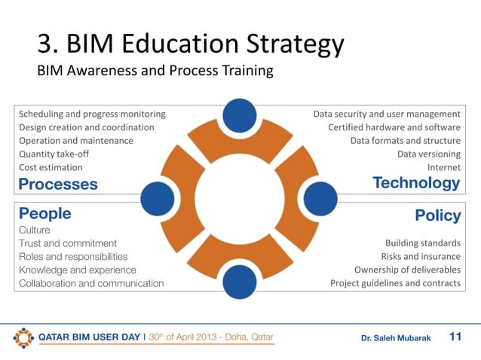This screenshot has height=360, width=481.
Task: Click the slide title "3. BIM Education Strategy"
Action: click(191, 44)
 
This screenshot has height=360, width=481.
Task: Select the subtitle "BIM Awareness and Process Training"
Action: click(155, 72)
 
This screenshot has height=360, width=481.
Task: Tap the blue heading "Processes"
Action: click(58, 184)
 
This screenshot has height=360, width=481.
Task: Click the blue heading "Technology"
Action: click(416, 183)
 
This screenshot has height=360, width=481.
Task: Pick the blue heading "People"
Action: click(44, 213)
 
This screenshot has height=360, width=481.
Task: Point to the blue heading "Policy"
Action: click(437, 215)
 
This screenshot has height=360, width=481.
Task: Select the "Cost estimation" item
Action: click(51, 167)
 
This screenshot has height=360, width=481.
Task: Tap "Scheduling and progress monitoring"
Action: click(92, 114)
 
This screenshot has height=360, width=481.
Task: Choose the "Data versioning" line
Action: click(428, 154)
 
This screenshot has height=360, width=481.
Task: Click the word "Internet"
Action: click(443, 167)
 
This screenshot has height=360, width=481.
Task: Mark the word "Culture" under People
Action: click(35, 229)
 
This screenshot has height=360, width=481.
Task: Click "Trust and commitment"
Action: click(68, 243)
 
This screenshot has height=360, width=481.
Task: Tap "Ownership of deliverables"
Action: click(407, 270)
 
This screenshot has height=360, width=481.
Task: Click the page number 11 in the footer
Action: click(455, 337)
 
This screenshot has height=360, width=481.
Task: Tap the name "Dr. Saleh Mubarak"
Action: click(396, 338)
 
